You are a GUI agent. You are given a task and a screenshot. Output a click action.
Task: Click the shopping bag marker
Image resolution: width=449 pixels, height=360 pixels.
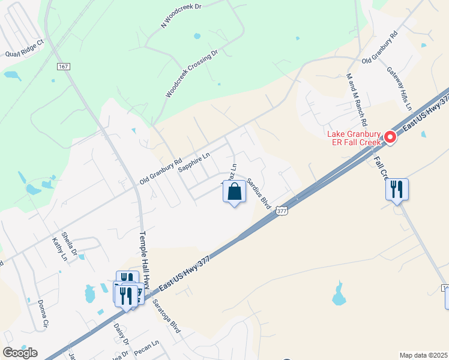click(x=234, y=193)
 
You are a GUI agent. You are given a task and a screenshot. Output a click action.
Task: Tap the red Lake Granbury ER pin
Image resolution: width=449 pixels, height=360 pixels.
click(x=390, y=138)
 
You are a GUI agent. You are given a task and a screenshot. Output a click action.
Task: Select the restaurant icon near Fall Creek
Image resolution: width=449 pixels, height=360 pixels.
click(x=397, y=190)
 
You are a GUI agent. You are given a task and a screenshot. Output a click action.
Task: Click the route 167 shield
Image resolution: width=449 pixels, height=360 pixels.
click(x=64, y=66)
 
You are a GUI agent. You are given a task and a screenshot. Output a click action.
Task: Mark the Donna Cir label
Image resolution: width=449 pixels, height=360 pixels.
click(x=42, y=314)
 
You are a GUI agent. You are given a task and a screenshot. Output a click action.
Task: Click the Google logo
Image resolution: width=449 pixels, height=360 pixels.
click(x=20, y=352)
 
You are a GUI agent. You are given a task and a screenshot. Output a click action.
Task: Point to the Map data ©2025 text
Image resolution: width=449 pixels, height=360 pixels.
click(x=423, y=355)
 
